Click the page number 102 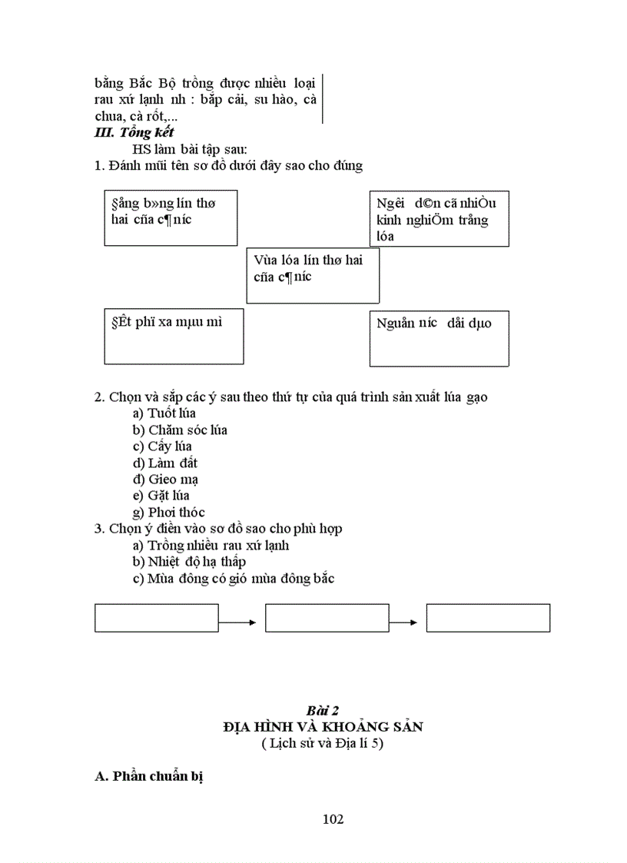click(x=333, y=818)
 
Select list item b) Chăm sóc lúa click(x=179, y=430)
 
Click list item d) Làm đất click(x=164, y=463)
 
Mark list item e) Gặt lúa click(x=161, y=496)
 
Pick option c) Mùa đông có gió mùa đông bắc click(x=233, y=579)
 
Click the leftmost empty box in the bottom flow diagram click(x=157, y=618)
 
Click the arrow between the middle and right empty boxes click(x=408, y=622)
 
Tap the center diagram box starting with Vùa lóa click(x=313, y=275)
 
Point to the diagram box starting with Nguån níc click(x=439, y=339)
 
